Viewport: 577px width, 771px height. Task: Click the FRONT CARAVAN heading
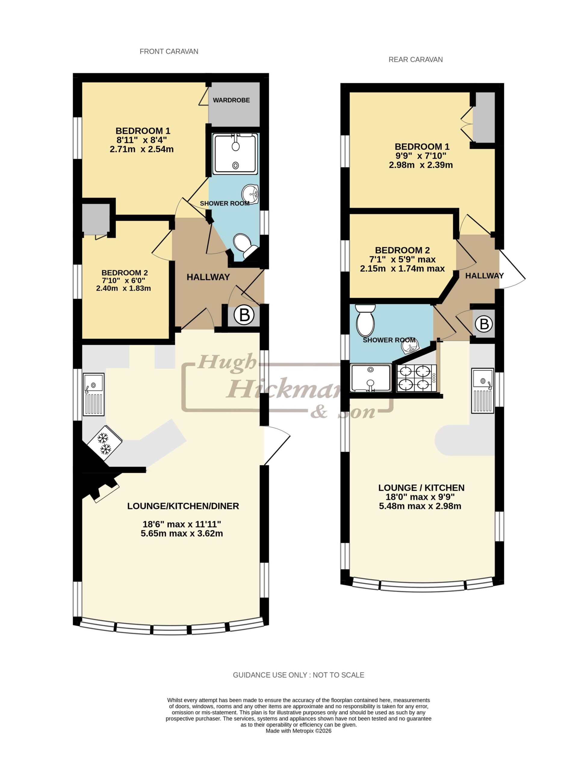pos(169,51)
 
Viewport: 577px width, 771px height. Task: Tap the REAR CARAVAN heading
pos(415,59)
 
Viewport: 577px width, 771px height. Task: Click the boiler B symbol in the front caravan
pos(244,315)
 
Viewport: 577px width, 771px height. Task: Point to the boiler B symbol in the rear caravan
pos(484,324)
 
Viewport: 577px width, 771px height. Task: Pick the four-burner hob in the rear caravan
pos(416,377)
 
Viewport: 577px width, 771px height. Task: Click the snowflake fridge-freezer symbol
pos(104,443)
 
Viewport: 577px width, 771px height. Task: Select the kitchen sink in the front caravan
pos(93,394)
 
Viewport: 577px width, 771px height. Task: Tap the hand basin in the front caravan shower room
pos(250,193)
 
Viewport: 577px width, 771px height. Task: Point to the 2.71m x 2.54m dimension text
pos(141,149)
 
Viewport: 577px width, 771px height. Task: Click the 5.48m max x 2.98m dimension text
pos(420,506)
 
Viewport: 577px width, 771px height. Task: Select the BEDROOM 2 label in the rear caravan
pos(402,250)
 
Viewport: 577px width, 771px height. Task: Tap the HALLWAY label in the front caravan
pos(208,277)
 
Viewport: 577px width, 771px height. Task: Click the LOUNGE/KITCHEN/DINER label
pos(183,506)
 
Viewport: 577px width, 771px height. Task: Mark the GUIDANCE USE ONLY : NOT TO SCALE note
pos(298,675)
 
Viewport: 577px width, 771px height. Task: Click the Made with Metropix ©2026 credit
pos(298,731)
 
